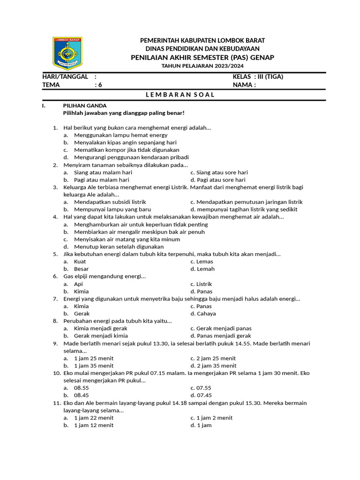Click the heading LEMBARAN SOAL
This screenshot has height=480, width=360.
[180, 95]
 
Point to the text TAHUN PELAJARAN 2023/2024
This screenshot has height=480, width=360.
[202, 66]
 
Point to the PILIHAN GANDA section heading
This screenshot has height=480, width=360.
[85, 106]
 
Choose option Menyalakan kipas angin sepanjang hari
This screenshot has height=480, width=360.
[125, 142]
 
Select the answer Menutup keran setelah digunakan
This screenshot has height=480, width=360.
[119, 247]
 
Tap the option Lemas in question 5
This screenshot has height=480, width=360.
[205, 262]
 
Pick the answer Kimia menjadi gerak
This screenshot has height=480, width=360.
[101, 329]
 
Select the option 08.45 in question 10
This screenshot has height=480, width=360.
[82, 396]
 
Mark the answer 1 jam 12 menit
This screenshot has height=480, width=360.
[94, 425]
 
